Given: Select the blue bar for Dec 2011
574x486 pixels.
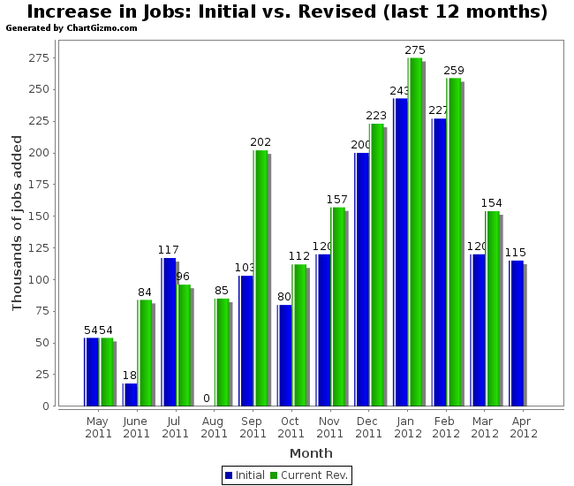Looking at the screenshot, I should pyautogui.click(x=361, y=279).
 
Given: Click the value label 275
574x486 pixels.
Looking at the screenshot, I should pyautogui.click(x=415, y=50).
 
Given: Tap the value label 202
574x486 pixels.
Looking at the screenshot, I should pyautogui.click(x=261, y=142).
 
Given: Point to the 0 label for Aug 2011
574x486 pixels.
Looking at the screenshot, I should pyautogui.click(x=207, y=399).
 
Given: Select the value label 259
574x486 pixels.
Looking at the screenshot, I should pyautogui.click(x=454, y=71).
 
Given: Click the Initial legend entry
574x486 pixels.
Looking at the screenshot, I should pyautogui.click(x=245, y=475).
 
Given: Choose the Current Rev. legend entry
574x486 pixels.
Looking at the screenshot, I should pyautogui.click(x=308, y=475).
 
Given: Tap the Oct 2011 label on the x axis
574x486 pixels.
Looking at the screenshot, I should pyautogui.click(x=291, y=427).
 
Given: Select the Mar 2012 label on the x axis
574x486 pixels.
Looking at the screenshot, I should pyautogui.click(x=485, y=427).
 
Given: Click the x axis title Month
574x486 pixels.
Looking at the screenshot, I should pyautogui.click(x=311, y=453).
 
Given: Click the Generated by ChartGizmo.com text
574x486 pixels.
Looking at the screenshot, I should pyautogui.click(x=72, y=28).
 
